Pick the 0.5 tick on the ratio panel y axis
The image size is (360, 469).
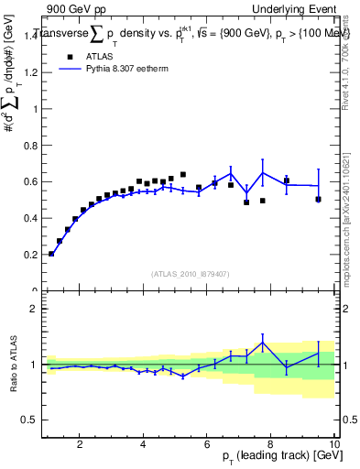click(31, 420)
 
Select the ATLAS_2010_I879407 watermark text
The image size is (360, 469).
click(191, 273)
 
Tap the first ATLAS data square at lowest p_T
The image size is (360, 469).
click(51, 254)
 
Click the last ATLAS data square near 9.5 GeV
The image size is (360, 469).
click(319, 199)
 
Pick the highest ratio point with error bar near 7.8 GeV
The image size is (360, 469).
click(263, 344)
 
